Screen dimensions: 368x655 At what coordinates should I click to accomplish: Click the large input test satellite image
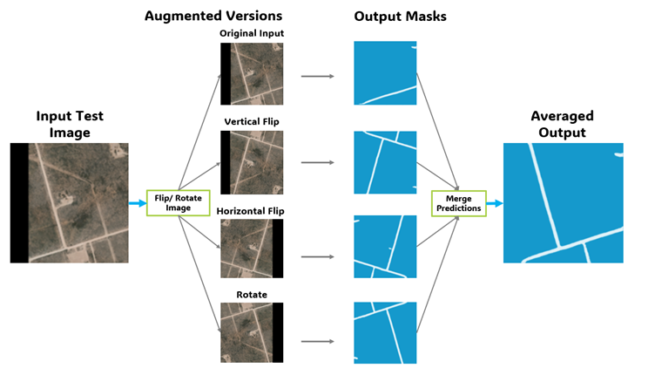click(70, 202)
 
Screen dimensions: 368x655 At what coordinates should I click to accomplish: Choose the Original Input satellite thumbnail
click(252, 74)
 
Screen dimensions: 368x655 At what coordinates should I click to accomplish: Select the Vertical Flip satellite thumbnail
click(252, 162)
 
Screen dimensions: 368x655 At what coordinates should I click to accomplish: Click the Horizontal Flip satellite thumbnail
click(252, 249)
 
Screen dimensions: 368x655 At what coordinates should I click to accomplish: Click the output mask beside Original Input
click(385, 74)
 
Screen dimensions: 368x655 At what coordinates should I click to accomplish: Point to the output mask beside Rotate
click(385, 333)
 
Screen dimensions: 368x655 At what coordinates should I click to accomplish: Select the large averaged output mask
click(564, 202)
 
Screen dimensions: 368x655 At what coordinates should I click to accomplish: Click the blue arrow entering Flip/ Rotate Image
click(138, 202)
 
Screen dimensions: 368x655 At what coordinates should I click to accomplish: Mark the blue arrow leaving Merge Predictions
click(493, 203)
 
